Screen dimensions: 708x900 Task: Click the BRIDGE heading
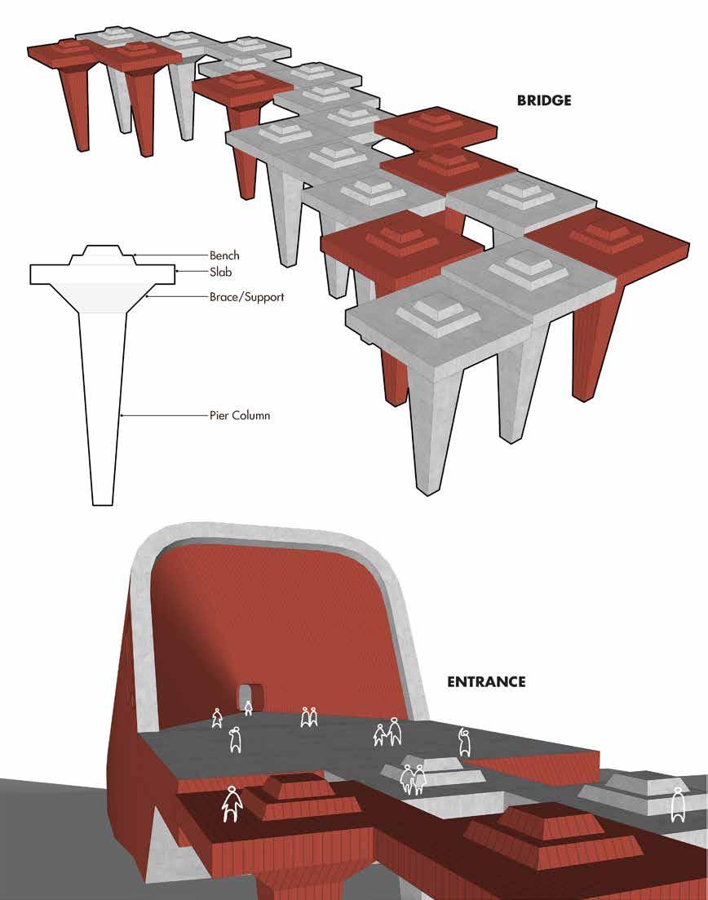point(544,101)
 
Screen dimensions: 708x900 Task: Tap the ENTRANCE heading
point(486,681)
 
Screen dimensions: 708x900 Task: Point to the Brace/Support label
point(246,297)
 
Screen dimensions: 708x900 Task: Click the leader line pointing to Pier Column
point(163,416)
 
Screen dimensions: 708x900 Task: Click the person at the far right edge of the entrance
point(676,805)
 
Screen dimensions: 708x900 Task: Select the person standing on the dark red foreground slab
point(232,804)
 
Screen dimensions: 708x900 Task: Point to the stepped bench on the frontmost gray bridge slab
point(438,313)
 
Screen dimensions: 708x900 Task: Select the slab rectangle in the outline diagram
point(101,273)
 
